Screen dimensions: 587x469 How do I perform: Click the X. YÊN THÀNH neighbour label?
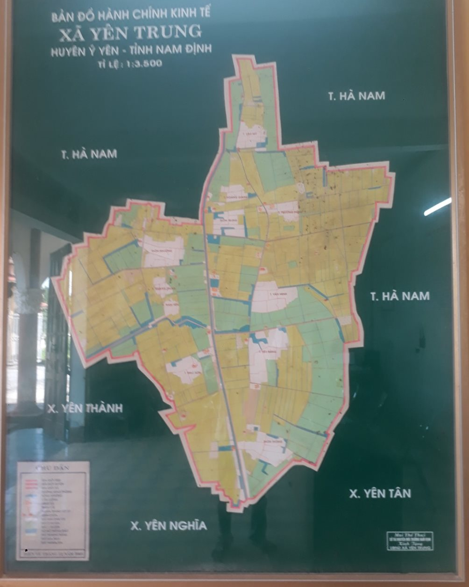pos(85,408)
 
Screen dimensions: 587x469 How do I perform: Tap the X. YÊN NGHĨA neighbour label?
pos(168,526)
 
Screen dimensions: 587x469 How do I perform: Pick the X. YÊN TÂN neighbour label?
pos(380,493)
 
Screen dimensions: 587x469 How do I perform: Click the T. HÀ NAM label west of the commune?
pos(88,154)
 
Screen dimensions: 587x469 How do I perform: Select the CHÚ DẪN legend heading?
pos(52,467)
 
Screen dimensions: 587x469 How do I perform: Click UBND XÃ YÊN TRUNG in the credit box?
pos(410,548)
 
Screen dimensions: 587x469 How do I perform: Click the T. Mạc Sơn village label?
pos(186,368)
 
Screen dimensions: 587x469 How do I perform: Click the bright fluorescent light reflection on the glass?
pos(437,207)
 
